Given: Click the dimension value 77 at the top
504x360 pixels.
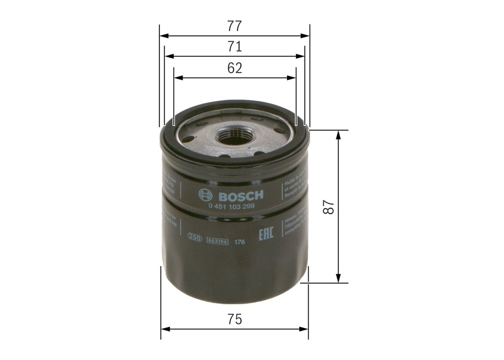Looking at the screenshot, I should tap(235, 26).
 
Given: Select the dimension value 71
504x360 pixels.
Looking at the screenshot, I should tap(235, 47).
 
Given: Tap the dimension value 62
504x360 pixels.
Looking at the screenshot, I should tap(235, 68).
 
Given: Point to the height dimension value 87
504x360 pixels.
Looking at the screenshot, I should tap(329, 207).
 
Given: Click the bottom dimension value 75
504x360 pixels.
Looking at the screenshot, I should tap(235, 319).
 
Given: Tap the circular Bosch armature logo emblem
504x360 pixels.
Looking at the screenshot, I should tap(205, 195).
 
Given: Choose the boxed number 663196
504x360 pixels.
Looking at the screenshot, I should tap(217, 241).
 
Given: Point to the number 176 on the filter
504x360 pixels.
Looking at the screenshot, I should tap(240, 241).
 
